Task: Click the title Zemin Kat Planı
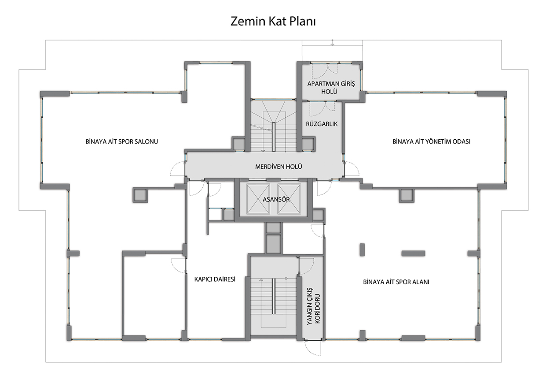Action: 273,21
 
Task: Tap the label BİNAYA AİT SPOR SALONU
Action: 121,141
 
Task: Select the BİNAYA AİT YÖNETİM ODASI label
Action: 431,141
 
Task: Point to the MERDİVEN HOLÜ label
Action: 278,167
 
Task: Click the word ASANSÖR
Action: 276,200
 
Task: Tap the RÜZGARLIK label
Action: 322,124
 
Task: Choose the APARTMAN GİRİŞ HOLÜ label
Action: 331,88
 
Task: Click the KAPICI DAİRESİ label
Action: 215,279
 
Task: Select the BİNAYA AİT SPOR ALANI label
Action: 396,282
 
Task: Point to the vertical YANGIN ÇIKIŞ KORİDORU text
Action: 313,309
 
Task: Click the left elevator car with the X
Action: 258,199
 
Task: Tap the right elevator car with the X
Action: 289,199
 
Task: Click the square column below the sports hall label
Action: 140,195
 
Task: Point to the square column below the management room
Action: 407,195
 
